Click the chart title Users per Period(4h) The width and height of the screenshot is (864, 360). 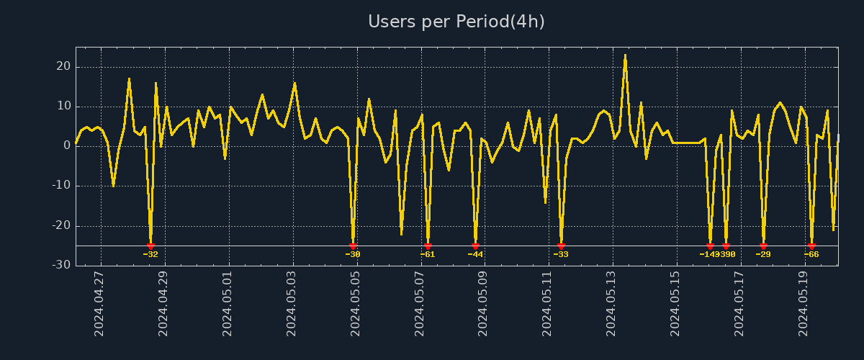pyautogui.click(x=456, y=22)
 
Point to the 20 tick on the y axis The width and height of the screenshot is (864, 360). pyautogui.click(x=63, y=67)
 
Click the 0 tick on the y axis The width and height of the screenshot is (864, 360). pyautogui.click(x=67, y=146)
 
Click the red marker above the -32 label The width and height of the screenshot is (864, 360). pyautogui.click(x=150, y=246)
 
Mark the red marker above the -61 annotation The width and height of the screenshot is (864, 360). pyautogui.click(x=428, y=246)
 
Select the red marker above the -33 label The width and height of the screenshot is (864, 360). pyautogui.click(x=561, y=246)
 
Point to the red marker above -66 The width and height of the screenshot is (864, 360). pyautogui.click(x=811, y=246)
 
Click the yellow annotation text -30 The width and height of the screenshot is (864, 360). pyautogui.click(x=353, y=254)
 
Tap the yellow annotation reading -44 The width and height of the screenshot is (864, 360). pyautogui.click(x=475, y=254)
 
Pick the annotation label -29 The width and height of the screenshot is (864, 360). pyautogui.click(x=763, y=254)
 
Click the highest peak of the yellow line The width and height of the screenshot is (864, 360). pyautogui.click(x=625, y=55)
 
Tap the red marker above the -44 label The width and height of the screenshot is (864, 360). pyautogui.click(x=475, y=246)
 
